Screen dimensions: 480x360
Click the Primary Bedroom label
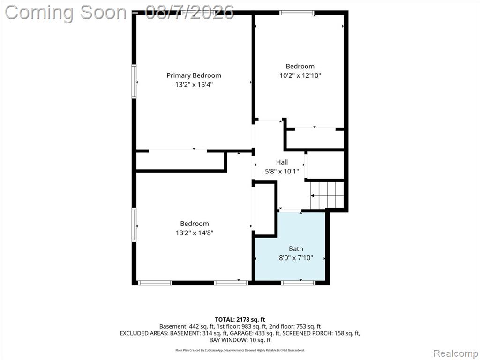pos(194,75)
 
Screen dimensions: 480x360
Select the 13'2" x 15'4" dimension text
pos(194,85)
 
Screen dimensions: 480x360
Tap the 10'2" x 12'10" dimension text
pos(300,75)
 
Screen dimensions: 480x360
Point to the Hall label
pos(282,162)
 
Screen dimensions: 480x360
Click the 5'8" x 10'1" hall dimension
pos(282,171)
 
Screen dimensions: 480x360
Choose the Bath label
pos(296,248)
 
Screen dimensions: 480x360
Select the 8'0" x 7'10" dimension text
pos(296,258)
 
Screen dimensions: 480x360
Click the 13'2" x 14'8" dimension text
pos(195,233)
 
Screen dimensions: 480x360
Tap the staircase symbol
pos(327,195)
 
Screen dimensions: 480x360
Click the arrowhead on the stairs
pos(313,195)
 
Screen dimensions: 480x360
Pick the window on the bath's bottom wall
pos(298,283)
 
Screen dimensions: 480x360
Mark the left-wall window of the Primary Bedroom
pos(134,82)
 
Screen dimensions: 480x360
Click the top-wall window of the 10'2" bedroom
pos(297,13)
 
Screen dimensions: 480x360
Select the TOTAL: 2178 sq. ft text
pos(240,320)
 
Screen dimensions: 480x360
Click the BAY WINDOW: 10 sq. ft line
pos(240,340)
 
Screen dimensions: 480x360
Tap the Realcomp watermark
pos(456,353)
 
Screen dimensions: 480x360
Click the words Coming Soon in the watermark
pos(66,13)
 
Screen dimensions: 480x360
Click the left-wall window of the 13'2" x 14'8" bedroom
pos(134,225)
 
